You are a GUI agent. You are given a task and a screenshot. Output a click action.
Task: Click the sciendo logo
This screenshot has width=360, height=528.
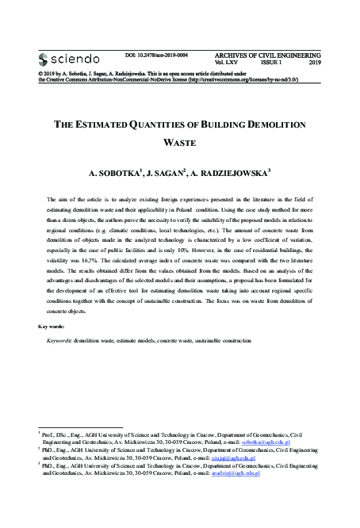coord(69,58)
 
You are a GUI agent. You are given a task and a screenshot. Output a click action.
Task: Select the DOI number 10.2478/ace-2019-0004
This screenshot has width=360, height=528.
coord(163,55)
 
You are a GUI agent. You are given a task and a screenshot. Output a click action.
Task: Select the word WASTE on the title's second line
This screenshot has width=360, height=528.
coord(179,145)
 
